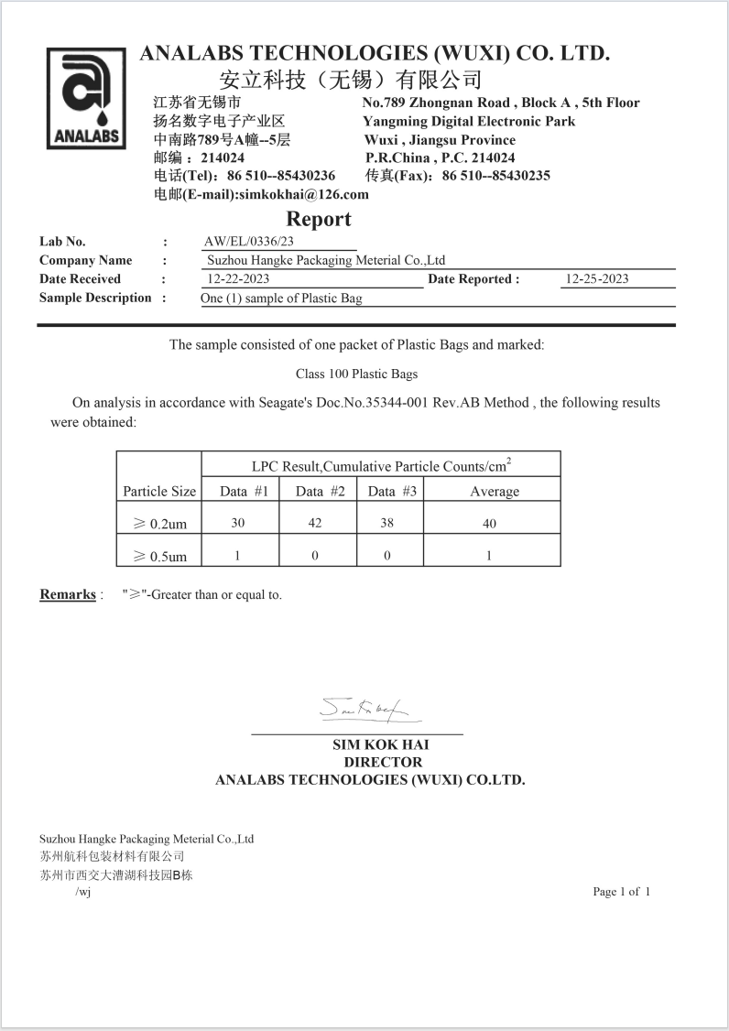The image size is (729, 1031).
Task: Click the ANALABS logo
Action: pyautogui.click(x=86, y=98)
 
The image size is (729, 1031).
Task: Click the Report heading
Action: pyautogui.click(x=318, y=219)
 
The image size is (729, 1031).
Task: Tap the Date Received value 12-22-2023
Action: pyautogui.click(x=238, y=279)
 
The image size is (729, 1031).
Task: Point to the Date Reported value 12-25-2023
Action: pyautogui.click(x=597, y=279)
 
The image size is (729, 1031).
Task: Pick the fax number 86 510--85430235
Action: pyautogui.click(x=495, y=176)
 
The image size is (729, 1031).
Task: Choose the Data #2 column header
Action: pyautogui.click(x=320, y=492)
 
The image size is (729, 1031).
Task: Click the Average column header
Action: pyautogui.click(x=495, y=492)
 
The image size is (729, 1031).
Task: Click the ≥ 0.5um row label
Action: pyautogui.click(x=159, y=556)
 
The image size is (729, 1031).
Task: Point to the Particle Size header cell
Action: pyautogui.click(x=159, y=492)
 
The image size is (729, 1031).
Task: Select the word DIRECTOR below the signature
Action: pyautogui.click(x=383, y=762)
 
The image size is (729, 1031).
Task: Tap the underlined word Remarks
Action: pyautogui.click(x=68, y=595)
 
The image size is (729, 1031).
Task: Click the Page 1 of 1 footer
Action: pyautogui.click(x=621, y=891)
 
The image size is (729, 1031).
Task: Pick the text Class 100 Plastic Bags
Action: pyautogui.click(x=356, y=374)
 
